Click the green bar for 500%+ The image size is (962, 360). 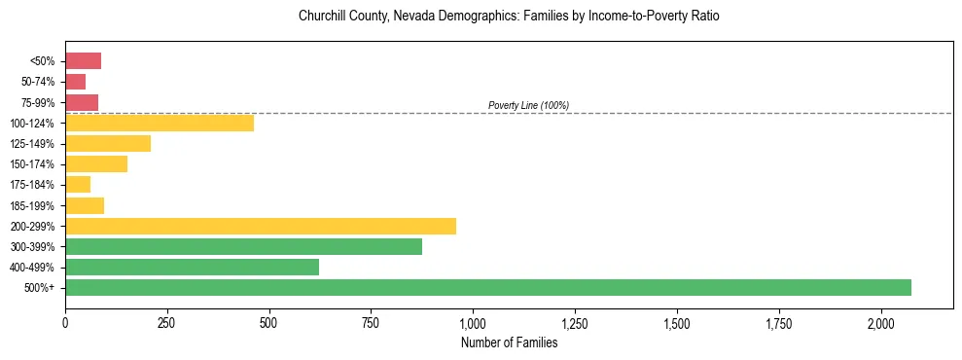tap(488, 287)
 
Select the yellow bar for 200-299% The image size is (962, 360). tap(261, 226)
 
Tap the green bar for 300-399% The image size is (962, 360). tap(243, 246)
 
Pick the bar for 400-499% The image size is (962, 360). tap(192, 267)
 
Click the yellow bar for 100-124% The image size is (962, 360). tap(160, 123)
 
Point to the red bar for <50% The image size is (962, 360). tap(83, 61)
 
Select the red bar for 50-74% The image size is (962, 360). tap(75, 82)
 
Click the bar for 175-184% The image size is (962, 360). tap(78, 184)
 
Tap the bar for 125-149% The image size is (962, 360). tap(108, 143)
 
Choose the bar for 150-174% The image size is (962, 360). tap(96, 163)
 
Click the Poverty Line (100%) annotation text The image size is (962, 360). tap(528, 105)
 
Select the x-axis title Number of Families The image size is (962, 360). tap(509, 342)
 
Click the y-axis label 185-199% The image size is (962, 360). tap(32, 205)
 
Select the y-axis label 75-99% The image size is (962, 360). tap(36, 102)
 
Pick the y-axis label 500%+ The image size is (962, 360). tap(40, 288)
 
